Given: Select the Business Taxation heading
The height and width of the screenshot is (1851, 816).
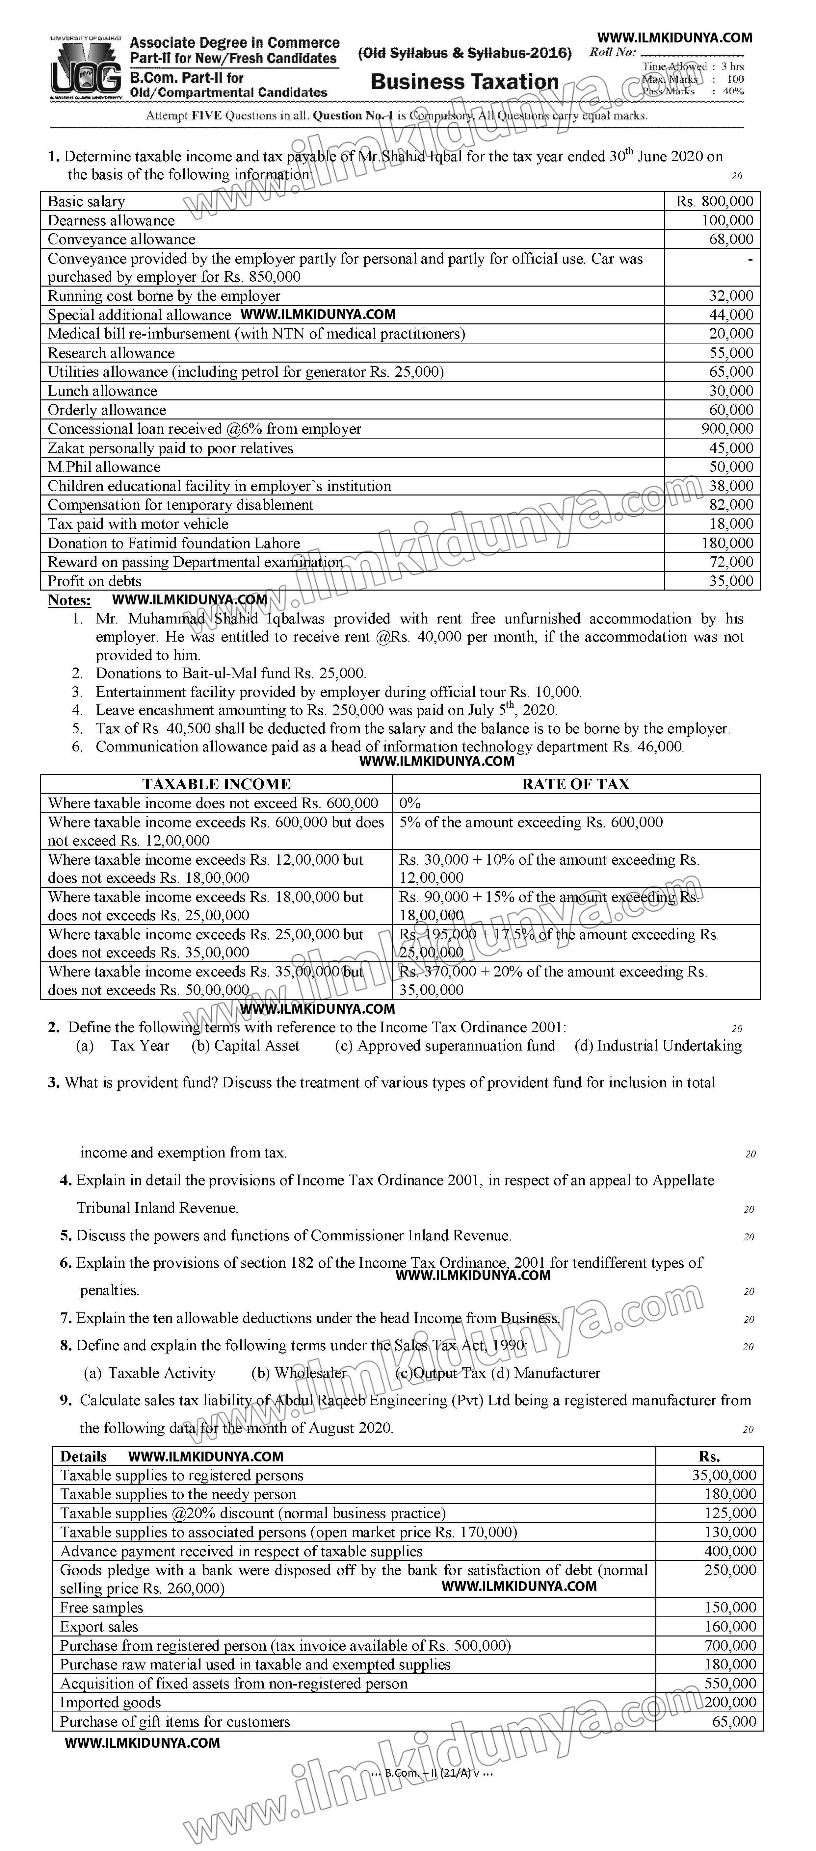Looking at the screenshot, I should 464,82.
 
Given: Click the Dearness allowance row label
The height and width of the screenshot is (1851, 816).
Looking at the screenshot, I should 112,220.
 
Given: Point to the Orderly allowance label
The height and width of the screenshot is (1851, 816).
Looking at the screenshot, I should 107,410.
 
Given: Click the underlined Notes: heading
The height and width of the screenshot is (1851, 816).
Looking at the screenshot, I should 69,600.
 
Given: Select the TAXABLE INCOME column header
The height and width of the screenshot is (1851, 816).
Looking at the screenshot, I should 216,784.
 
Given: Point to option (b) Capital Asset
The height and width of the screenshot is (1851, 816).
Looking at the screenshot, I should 245,1046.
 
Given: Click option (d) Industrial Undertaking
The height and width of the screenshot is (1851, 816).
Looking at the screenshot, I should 658,1046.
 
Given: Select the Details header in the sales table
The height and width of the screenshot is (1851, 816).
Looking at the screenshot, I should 83,1457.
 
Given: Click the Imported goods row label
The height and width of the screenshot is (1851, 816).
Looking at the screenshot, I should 110,1702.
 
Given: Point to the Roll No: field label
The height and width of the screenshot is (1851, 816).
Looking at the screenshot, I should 613,52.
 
